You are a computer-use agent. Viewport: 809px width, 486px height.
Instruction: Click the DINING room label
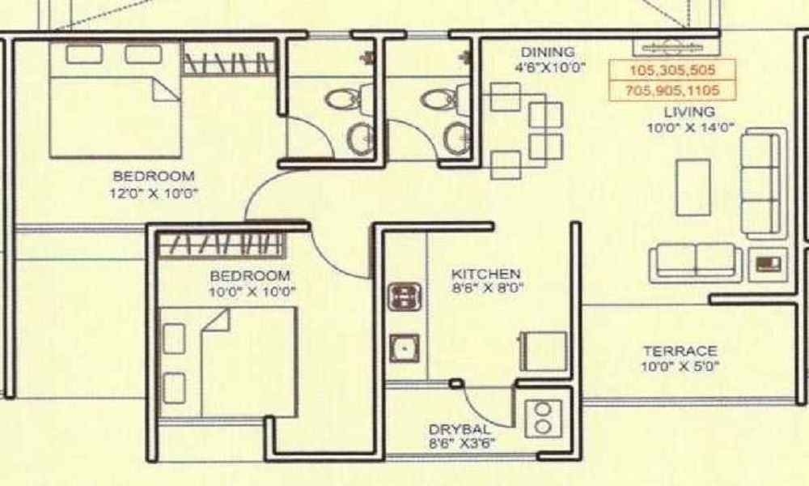[x=548, y=52]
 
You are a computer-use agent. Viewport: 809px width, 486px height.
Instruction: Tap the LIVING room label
[x=689, y=112]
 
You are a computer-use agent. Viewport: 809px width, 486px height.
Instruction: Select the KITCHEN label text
[x=486, y=274]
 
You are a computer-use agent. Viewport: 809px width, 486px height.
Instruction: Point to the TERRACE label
[x=680, y=352]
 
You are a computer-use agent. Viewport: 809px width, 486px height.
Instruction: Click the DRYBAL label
[x=459, y=429]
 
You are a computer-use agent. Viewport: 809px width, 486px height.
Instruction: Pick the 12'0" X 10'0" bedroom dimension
[x=154, y=194]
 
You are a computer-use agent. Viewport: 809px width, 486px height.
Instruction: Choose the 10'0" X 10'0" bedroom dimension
[x=252, y=292]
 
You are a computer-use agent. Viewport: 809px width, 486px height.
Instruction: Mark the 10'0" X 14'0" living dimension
[x=690, y=127]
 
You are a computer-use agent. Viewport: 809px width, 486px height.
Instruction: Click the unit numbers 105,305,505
[x=672, y=70]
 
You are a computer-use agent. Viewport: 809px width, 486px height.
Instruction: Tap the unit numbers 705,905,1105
[x=672, y=91]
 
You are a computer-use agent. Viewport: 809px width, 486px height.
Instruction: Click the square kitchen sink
[x=404, y=348]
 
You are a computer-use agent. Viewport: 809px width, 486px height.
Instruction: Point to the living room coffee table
[x=693, y=187]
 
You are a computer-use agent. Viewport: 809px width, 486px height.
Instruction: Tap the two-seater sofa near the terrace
[x=696, y=263]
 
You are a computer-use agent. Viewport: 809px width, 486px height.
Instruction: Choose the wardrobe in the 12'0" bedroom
[x=228, y=59]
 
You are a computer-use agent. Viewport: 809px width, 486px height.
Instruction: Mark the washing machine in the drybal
[x=544, y=418]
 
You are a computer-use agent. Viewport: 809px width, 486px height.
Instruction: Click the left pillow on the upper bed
[x=84, y=54]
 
